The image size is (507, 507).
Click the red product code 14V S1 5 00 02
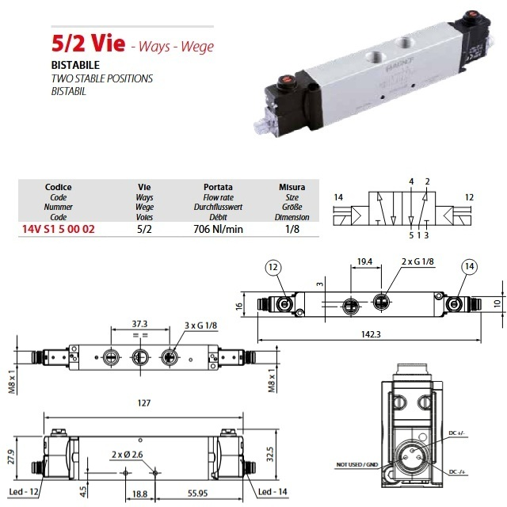coord(59,229)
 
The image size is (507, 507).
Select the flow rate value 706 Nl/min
coord(219,229)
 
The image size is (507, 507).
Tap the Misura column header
coord(292,187)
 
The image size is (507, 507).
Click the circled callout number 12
coord(273,268)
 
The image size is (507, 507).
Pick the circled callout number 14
coord(469,266)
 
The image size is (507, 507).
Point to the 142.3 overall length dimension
coord(371,334)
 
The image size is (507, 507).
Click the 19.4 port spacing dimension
coord(364,261)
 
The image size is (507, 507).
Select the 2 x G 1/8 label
coord(417,261)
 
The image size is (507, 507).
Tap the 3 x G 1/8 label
coord(200,325)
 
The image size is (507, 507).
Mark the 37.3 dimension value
coord(139,324)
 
